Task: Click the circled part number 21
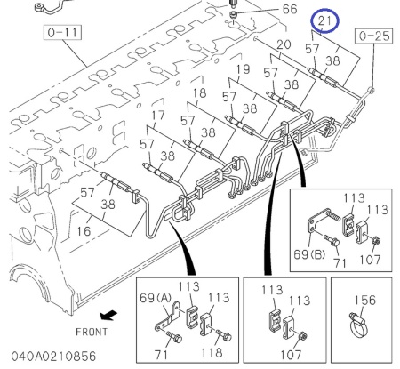click(324, 20)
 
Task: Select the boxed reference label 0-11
click(62, 32)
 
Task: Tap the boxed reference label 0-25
click(374, 36)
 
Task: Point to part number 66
click(290, 9)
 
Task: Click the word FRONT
click(92, 332)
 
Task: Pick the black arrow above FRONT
click(108, 315)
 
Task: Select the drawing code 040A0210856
click(53, 357)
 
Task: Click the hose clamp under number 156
click(358, 325)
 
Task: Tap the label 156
click(365, 300)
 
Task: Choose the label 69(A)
click(156, 298)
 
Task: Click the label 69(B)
click(309, 254)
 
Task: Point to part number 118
click(212, 353)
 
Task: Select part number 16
click(84, 231)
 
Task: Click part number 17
click(158, 115)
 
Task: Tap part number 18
click(199, 92)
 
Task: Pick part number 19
click(244, 69)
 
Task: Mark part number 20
click(284, 44)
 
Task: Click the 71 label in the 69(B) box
click(340, 262)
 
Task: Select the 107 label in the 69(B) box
click(370, 260)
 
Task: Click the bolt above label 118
click(224, 335)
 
